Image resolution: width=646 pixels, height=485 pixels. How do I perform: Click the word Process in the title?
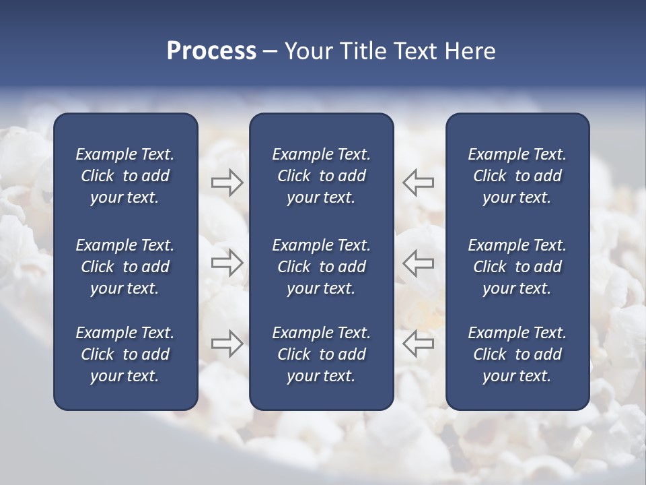211,52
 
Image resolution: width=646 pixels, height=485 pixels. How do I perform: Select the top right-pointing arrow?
227,183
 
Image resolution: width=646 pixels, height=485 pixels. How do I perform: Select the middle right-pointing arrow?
227,263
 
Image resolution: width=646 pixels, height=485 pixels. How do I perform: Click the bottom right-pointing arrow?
227,344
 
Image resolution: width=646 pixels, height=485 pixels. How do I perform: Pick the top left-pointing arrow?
418,183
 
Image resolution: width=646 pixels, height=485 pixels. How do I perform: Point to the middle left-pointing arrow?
418,263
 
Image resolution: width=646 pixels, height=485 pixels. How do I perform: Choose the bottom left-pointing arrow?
418,344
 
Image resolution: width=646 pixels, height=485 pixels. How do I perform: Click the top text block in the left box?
125,176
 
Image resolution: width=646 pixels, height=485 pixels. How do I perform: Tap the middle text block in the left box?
125,267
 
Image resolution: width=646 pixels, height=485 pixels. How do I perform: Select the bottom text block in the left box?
125,354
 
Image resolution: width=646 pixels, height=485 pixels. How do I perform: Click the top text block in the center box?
321,176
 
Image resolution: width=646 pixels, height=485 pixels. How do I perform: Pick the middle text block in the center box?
321,267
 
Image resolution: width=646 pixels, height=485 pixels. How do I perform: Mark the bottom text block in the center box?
321,354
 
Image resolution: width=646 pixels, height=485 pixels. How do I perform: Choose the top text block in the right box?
517,176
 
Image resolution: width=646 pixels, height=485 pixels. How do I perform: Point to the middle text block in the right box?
517,267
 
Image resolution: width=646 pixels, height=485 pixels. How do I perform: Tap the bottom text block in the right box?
517,354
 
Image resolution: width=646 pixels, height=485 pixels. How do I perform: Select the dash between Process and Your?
271,53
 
